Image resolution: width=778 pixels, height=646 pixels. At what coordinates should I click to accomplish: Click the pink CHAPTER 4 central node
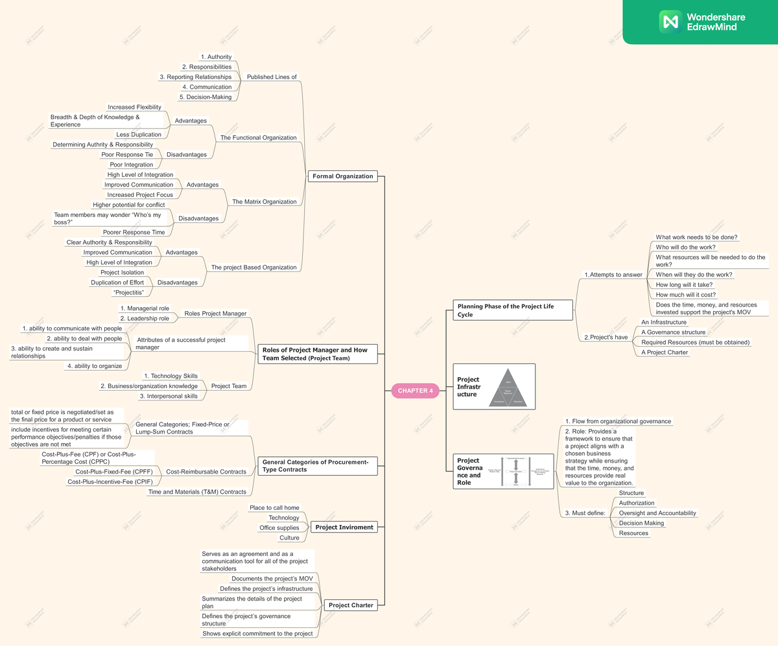pos(415,391)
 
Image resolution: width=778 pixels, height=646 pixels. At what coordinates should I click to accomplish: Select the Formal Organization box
pos(342,176)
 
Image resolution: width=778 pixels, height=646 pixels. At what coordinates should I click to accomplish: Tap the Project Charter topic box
pos(351,605)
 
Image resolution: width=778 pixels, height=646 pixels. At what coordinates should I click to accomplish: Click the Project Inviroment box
pos(344,527)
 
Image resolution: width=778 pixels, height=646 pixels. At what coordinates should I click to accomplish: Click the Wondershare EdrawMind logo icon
pos(670,21)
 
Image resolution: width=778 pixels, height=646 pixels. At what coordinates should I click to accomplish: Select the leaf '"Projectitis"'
pos(128,293)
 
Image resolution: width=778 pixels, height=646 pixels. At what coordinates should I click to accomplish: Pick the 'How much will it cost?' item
pos(686,295)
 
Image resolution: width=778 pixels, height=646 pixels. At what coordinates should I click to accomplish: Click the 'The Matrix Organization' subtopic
pos(265,202)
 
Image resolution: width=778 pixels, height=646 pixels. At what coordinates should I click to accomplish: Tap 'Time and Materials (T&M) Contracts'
pos(197,492)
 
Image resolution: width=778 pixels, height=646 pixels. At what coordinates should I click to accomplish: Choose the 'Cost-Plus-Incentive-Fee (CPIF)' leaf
pos(110,481)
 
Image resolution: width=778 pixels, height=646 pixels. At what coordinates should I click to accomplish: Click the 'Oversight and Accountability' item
pos(657,513)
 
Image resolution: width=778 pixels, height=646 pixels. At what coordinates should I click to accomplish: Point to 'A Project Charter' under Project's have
pos(665,352)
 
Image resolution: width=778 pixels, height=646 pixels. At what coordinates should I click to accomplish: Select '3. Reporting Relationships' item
pos(196,77)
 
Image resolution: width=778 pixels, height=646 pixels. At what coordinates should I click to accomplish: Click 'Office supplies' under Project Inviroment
pos(279,528)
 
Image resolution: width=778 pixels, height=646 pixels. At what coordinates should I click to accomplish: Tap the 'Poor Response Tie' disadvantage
pos(127,155)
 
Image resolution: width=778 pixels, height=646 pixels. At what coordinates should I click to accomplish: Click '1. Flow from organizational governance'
pos(617,421)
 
